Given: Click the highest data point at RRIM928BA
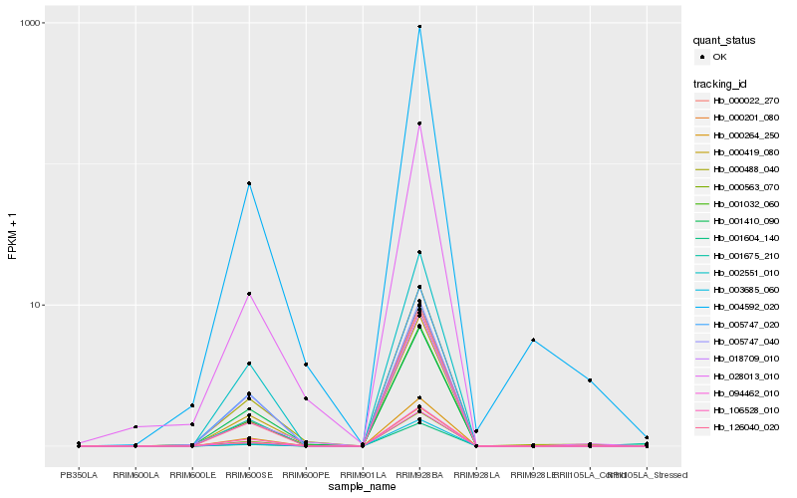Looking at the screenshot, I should click(419, 27).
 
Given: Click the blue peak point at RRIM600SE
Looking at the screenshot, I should click(249, 183).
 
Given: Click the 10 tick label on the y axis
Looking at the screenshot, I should click(35, 305).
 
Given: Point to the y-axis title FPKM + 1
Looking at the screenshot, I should click(12, 238).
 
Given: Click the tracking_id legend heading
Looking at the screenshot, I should click(721, 83).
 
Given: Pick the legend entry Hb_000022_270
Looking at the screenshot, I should click(745, 101).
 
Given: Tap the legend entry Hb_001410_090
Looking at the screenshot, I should click(745, 221).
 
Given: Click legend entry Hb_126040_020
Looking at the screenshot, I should click(745, 427).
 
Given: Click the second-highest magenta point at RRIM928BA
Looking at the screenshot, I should click(419, 124).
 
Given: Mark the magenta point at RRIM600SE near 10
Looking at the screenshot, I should click(249, 294).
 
